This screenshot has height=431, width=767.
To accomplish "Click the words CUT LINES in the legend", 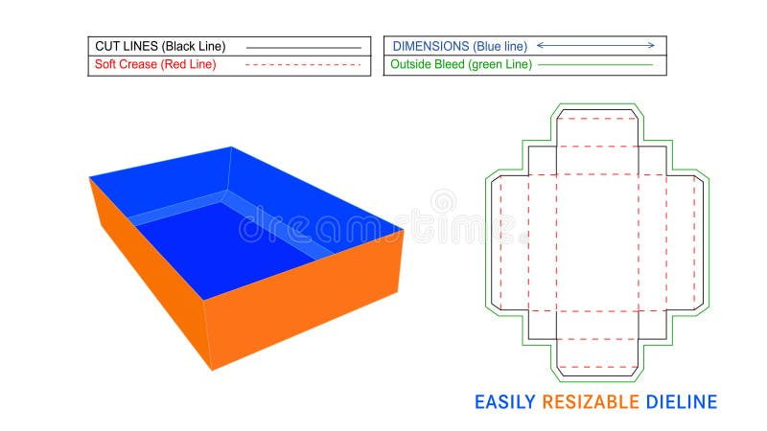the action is pyautogui.click(x=126, y=45).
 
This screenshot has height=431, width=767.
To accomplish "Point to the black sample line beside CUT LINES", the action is pyautogui.click(x=303, y=46).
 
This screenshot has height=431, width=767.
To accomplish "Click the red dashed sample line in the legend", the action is pyautogui.click(x=303, y=65).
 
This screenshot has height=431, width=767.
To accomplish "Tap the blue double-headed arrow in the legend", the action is pyautogui.click(x=595, y=45).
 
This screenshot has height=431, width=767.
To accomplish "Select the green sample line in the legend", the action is pyautogui.click(x=595, y=65).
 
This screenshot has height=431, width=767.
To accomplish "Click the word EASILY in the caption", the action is pyautogui.click(x=505, y=401).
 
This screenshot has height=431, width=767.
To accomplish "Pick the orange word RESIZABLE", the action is pyautogui.click(x=591, y=401).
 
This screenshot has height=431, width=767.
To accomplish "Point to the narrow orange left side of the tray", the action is pyautogui.click(x=144, y=268).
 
